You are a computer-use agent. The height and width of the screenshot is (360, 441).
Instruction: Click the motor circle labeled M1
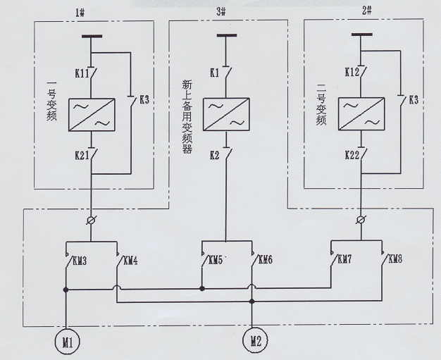(x=67, y=342)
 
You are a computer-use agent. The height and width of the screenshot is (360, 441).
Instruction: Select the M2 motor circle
(x=254, y=342)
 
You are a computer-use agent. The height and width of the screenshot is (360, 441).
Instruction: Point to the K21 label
(x=79, y=154)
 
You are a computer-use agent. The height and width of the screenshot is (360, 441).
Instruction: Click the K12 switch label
(x=353, y=72)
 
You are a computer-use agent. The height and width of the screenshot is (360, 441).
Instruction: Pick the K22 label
(x=353, y=154)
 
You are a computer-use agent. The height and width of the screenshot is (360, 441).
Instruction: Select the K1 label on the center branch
(x=214, y=72)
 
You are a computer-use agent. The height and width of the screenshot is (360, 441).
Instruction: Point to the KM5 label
(x=216, y=261)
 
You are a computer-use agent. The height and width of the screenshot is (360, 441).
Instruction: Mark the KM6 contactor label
(x=265, y=261)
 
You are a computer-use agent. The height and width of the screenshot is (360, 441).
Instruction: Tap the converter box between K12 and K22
(x=361, y=113)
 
